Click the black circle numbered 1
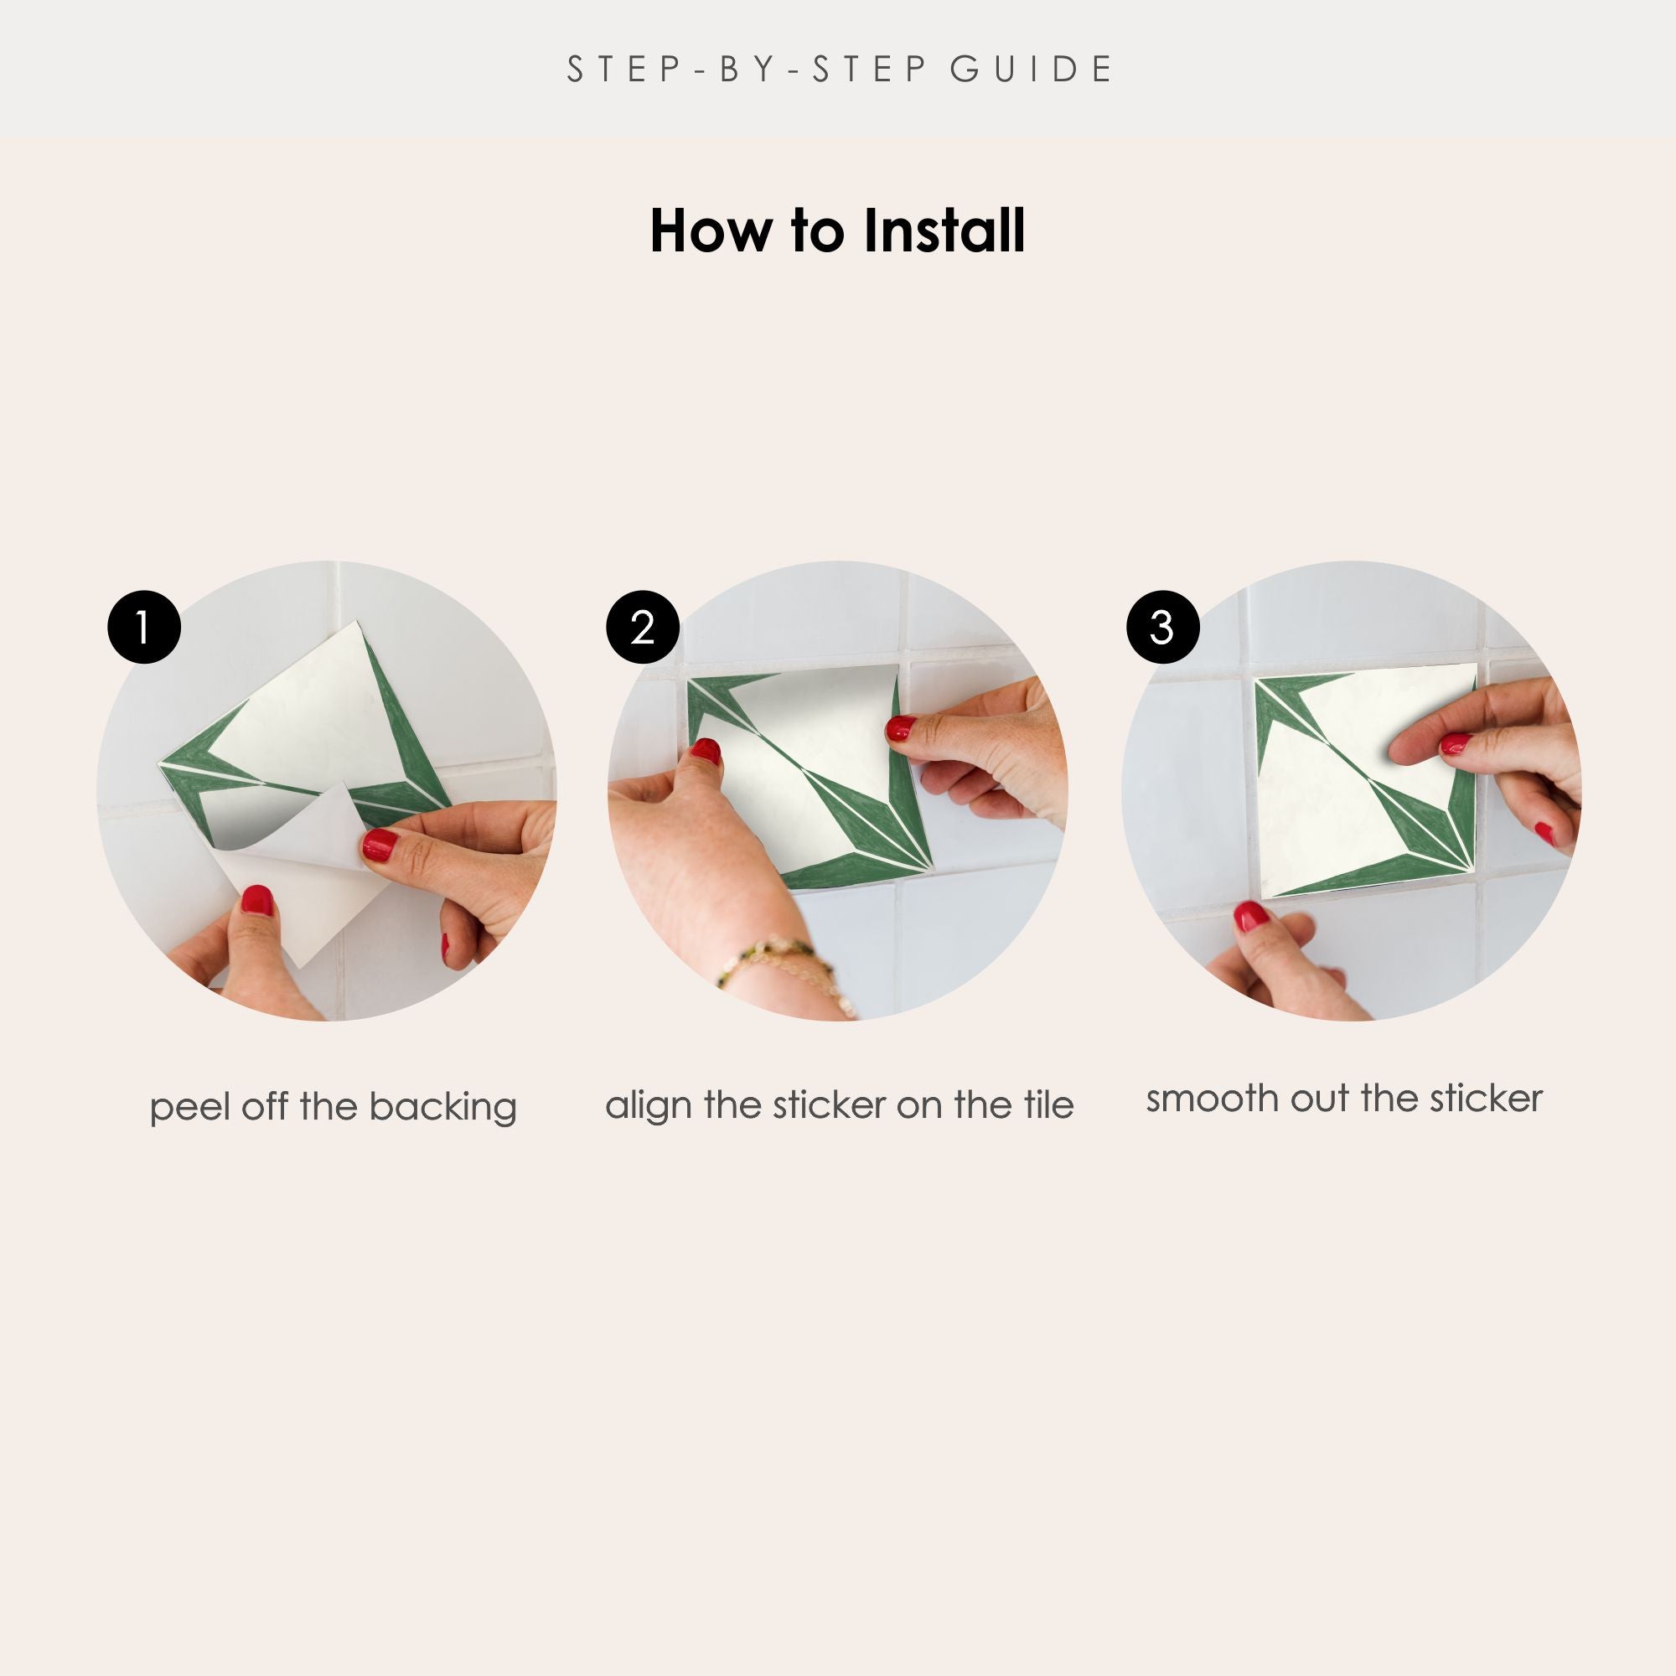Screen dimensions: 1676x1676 click(x=144, y=627)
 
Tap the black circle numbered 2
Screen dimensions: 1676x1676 click(x=643, y=627)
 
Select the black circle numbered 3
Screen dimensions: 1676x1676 click(x=1162, y=627)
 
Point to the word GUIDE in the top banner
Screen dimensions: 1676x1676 click(x=1031, y=70)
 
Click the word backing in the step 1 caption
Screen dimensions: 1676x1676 click(x=442, y=1108)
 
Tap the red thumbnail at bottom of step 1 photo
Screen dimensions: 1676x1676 click(x=256, y=901)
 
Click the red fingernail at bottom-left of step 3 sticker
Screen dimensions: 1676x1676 click(x=1250, y=916)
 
